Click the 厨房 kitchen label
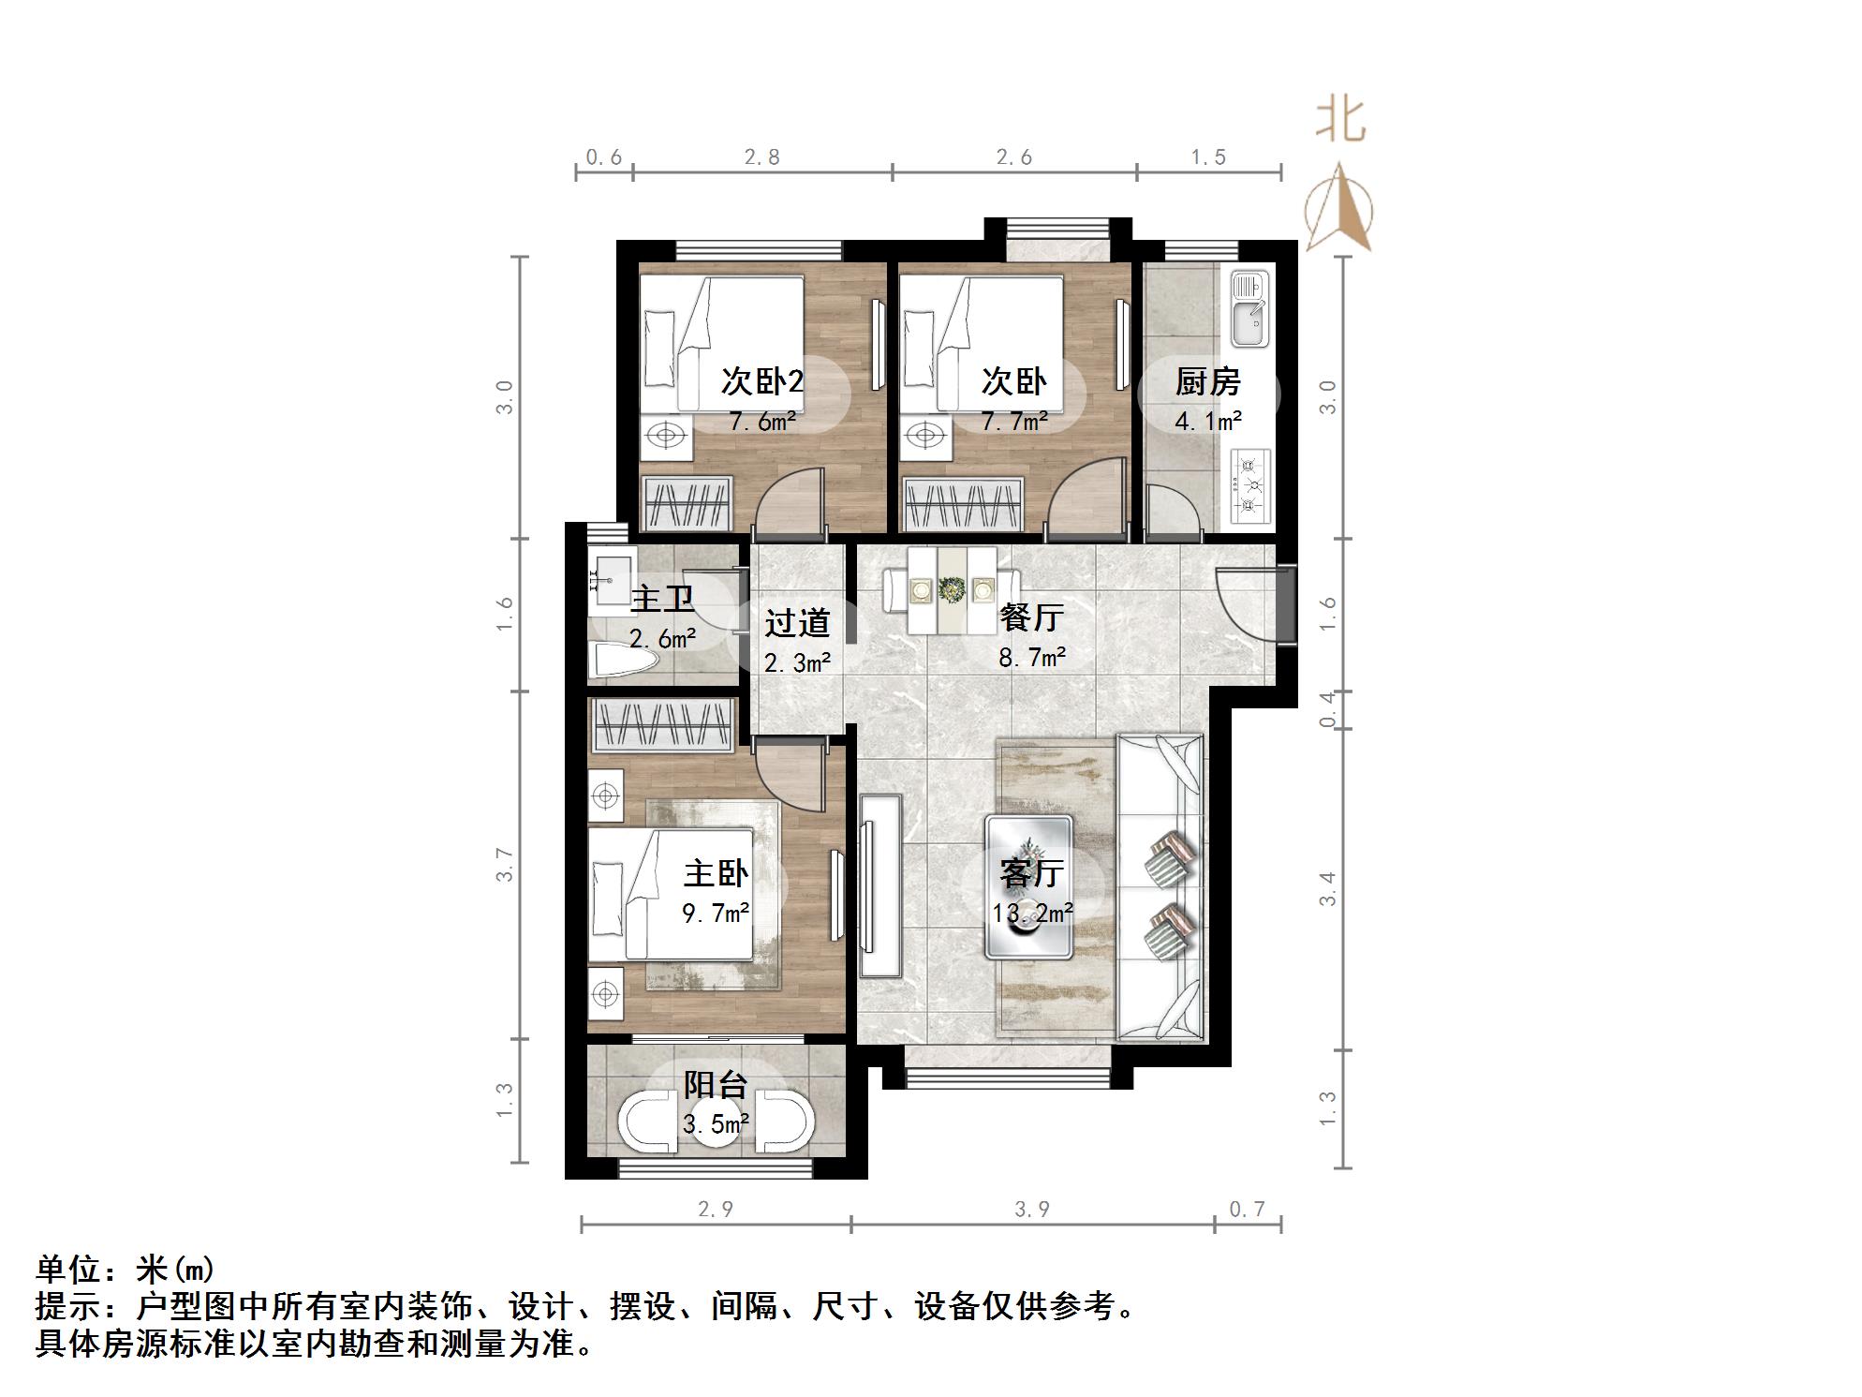pyautogui.click(x=1207, y=382)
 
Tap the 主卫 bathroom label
pyautogui.click(x=662, y=599)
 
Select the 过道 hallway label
pyautogui.click(x=797, y=623)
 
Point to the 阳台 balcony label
pyautogui.click(x=716, y=1085)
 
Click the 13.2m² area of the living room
pyautogui.click(x=1032, y=912)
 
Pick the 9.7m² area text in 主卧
pyautogui.click(x=716, y=912)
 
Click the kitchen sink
pyautogui.click(x=1249, y=309)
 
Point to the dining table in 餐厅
pyautogui.click(x=952, y=589)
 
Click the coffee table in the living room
pyautogui.click(x=1028, y=886)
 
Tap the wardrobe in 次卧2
pyautogui.click(x=686, y=504)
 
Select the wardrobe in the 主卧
pyautogui.click(x=661, y=724)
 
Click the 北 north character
pyautogui.click(x=1340, y=122)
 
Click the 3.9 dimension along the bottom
pyautogui.click(x=1032, y=1210)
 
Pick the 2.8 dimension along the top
pyautogui.click(x=761, y=156)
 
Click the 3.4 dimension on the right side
pyautogui.click(x=1328, y=888)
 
